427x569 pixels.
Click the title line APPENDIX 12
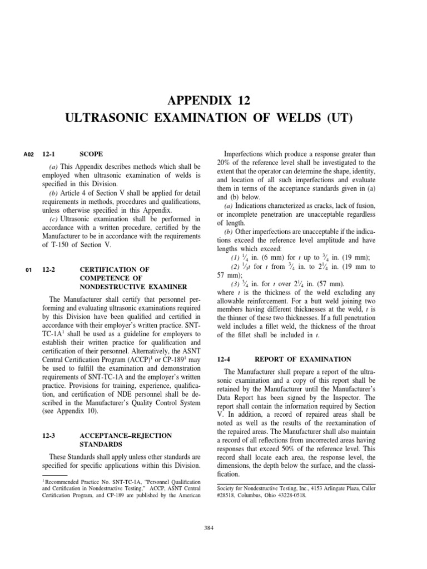click(213, 101)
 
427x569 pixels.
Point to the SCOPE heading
click(91, 153)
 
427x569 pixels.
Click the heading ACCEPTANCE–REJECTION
click(126, 436)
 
